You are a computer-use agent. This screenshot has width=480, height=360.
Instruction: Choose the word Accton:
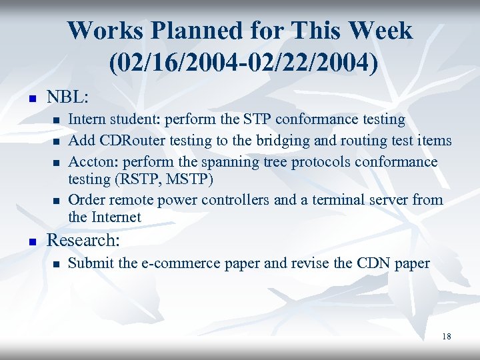91,162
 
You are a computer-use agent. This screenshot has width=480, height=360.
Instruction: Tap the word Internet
117,217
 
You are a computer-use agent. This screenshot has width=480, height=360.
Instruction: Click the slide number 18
446,337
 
